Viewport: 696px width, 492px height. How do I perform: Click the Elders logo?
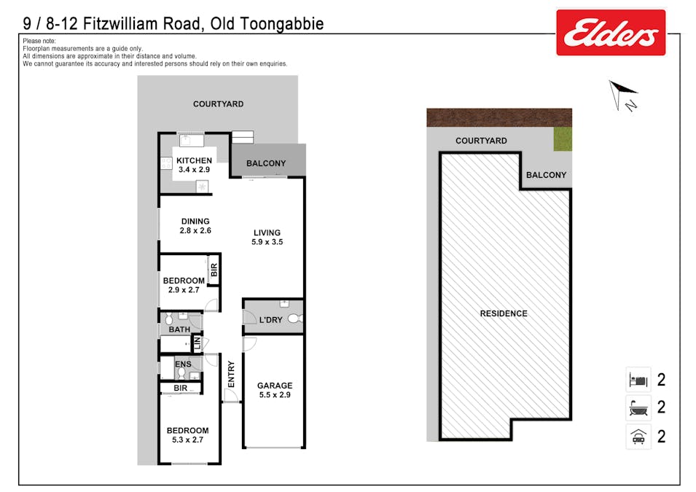[611, 33]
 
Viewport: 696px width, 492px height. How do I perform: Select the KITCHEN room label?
[195, 165]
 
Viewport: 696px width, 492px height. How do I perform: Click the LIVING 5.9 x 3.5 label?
[267, 237]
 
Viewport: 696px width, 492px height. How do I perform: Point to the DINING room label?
[195, 226]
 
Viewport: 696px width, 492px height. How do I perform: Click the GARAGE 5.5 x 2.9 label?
[274, 390]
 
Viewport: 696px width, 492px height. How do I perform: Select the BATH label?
[179, 329]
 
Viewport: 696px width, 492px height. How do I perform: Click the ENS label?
[183, 363]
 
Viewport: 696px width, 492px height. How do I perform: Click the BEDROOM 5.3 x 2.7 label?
[187, 435]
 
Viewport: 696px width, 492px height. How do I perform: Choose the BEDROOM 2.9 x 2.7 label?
[184, 285]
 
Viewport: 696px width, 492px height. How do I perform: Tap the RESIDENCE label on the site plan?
[504, 313]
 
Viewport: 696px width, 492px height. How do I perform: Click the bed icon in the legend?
[638, 380]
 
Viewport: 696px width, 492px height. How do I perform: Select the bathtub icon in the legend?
[638, 407]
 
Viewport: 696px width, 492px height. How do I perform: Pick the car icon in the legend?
[638, 437]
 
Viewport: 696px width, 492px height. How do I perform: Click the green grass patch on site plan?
[563, 139]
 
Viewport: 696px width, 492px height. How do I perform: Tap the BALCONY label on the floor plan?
[266, 163]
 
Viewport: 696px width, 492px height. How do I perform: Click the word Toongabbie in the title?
[281, 24]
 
